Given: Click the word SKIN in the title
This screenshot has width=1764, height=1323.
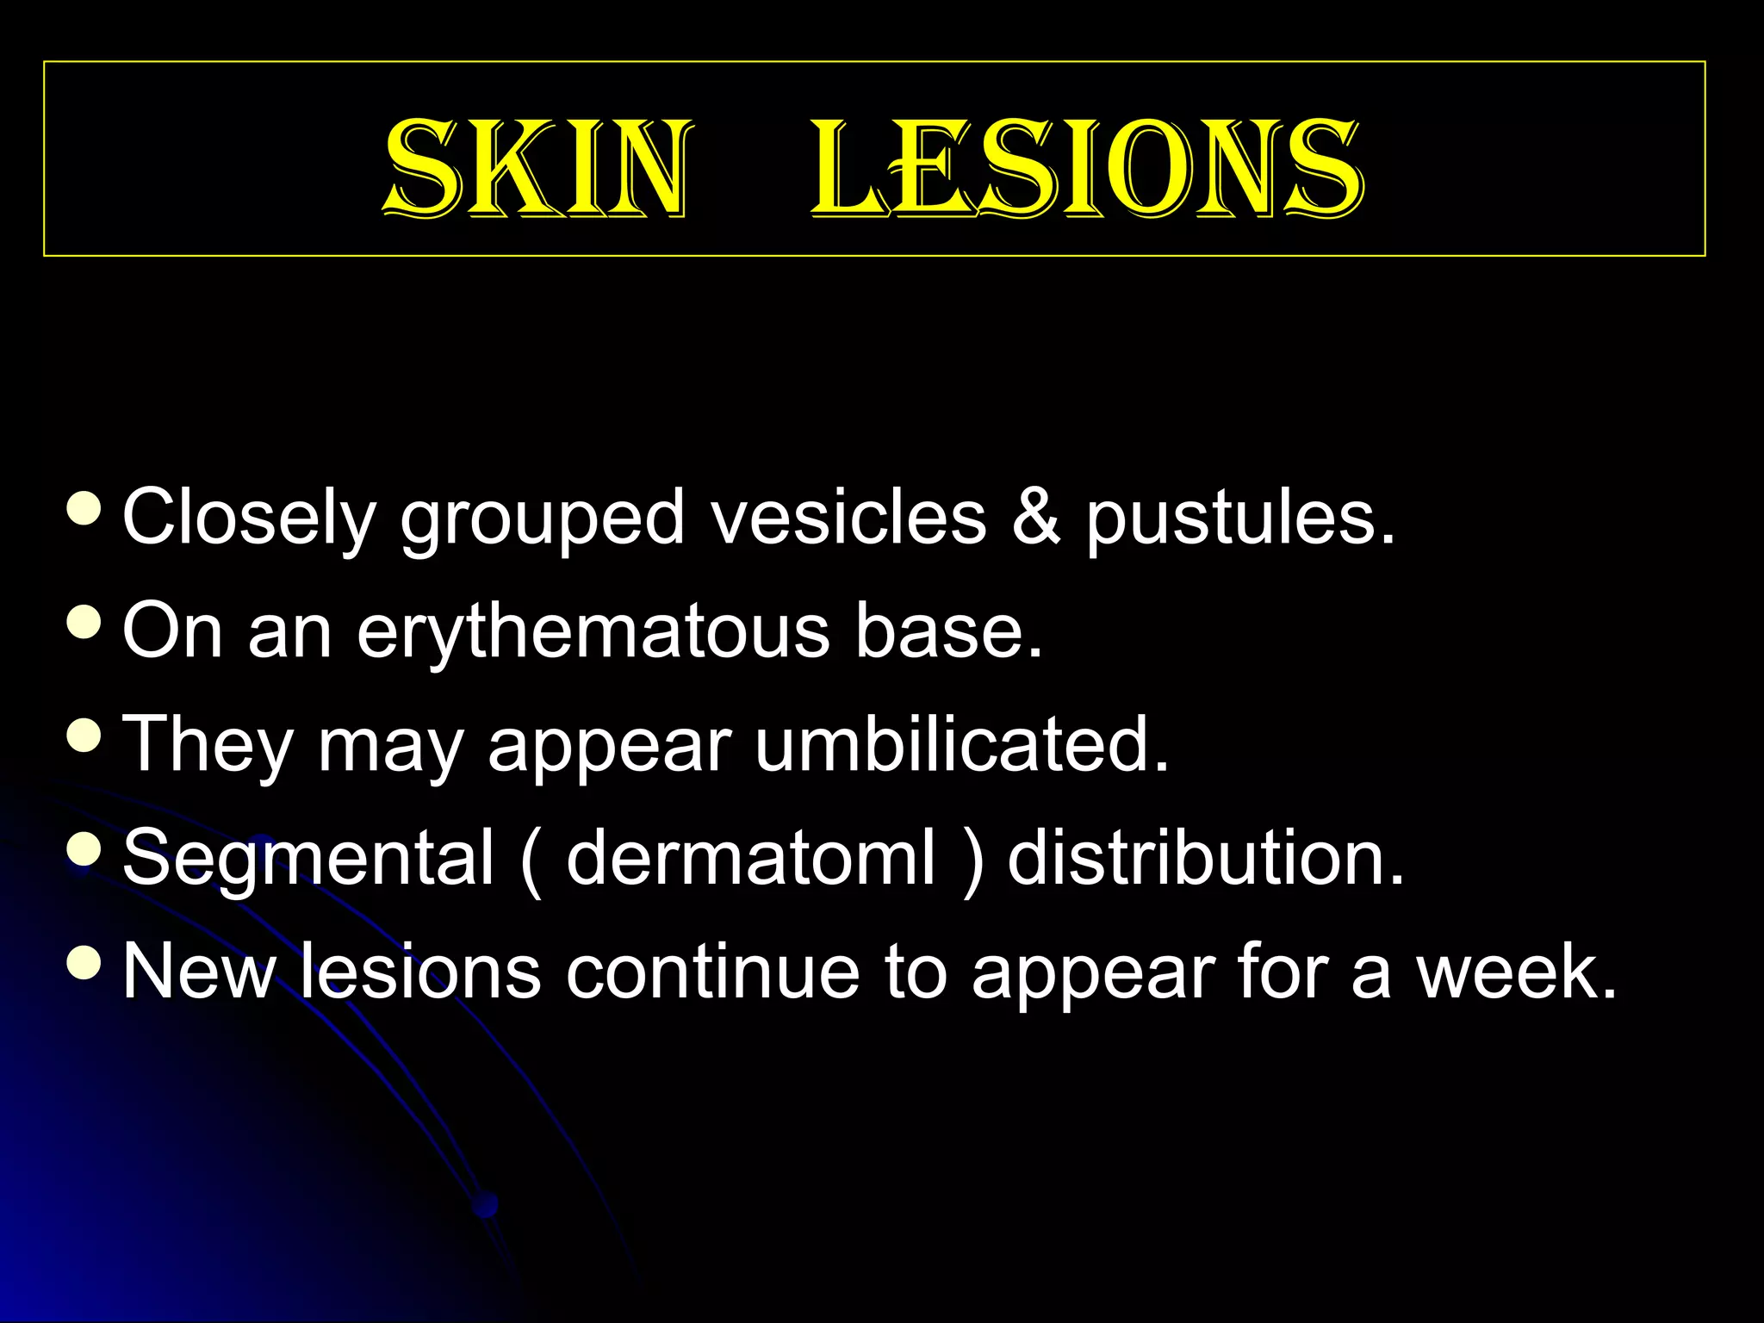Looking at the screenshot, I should pos(536,168).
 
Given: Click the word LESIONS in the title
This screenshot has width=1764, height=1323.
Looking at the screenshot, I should pos(1087,168).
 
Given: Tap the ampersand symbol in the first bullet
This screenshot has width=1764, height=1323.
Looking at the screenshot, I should pos(1035,517).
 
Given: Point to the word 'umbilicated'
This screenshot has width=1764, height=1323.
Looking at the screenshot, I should pos(961,744).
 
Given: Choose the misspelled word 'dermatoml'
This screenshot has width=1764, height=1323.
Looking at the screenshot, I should pos(750,858).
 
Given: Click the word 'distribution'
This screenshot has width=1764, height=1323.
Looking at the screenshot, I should pos(1205,858).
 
